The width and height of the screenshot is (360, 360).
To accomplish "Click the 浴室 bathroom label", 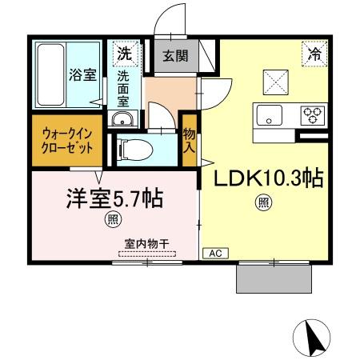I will coord(82,75).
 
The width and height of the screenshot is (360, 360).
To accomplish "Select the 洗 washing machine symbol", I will coord(124,54).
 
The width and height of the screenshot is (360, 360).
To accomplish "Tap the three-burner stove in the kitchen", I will coord(311,114).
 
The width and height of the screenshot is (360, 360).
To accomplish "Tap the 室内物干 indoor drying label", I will coord(150,243).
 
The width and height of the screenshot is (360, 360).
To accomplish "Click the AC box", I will coord(214,253).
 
